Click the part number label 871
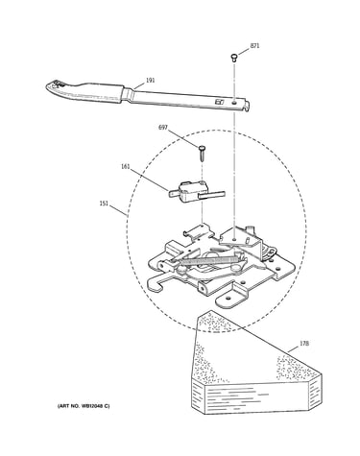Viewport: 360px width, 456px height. (254, 46)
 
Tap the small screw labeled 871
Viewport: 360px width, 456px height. (234, 58)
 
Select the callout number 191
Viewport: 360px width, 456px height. (150, 80)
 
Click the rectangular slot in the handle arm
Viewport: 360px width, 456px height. (219, 103)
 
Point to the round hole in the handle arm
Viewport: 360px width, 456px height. (235, 103)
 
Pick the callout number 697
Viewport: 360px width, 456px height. (163, 128)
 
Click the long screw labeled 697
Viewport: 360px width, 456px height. (202, 154)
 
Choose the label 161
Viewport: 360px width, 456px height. (126, 166)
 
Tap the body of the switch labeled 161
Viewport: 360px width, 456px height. (189, 191)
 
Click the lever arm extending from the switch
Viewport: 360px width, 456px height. (212, 194)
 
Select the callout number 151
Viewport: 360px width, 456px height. (104, 204)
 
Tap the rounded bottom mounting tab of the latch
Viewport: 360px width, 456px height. (228, 300)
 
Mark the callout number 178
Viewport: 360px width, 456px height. (304, 344)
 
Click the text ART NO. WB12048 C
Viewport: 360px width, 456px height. (84, 406)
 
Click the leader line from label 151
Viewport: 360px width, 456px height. (119, 212)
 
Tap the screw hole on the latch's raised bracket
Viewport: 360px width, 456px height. (235, 238)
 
